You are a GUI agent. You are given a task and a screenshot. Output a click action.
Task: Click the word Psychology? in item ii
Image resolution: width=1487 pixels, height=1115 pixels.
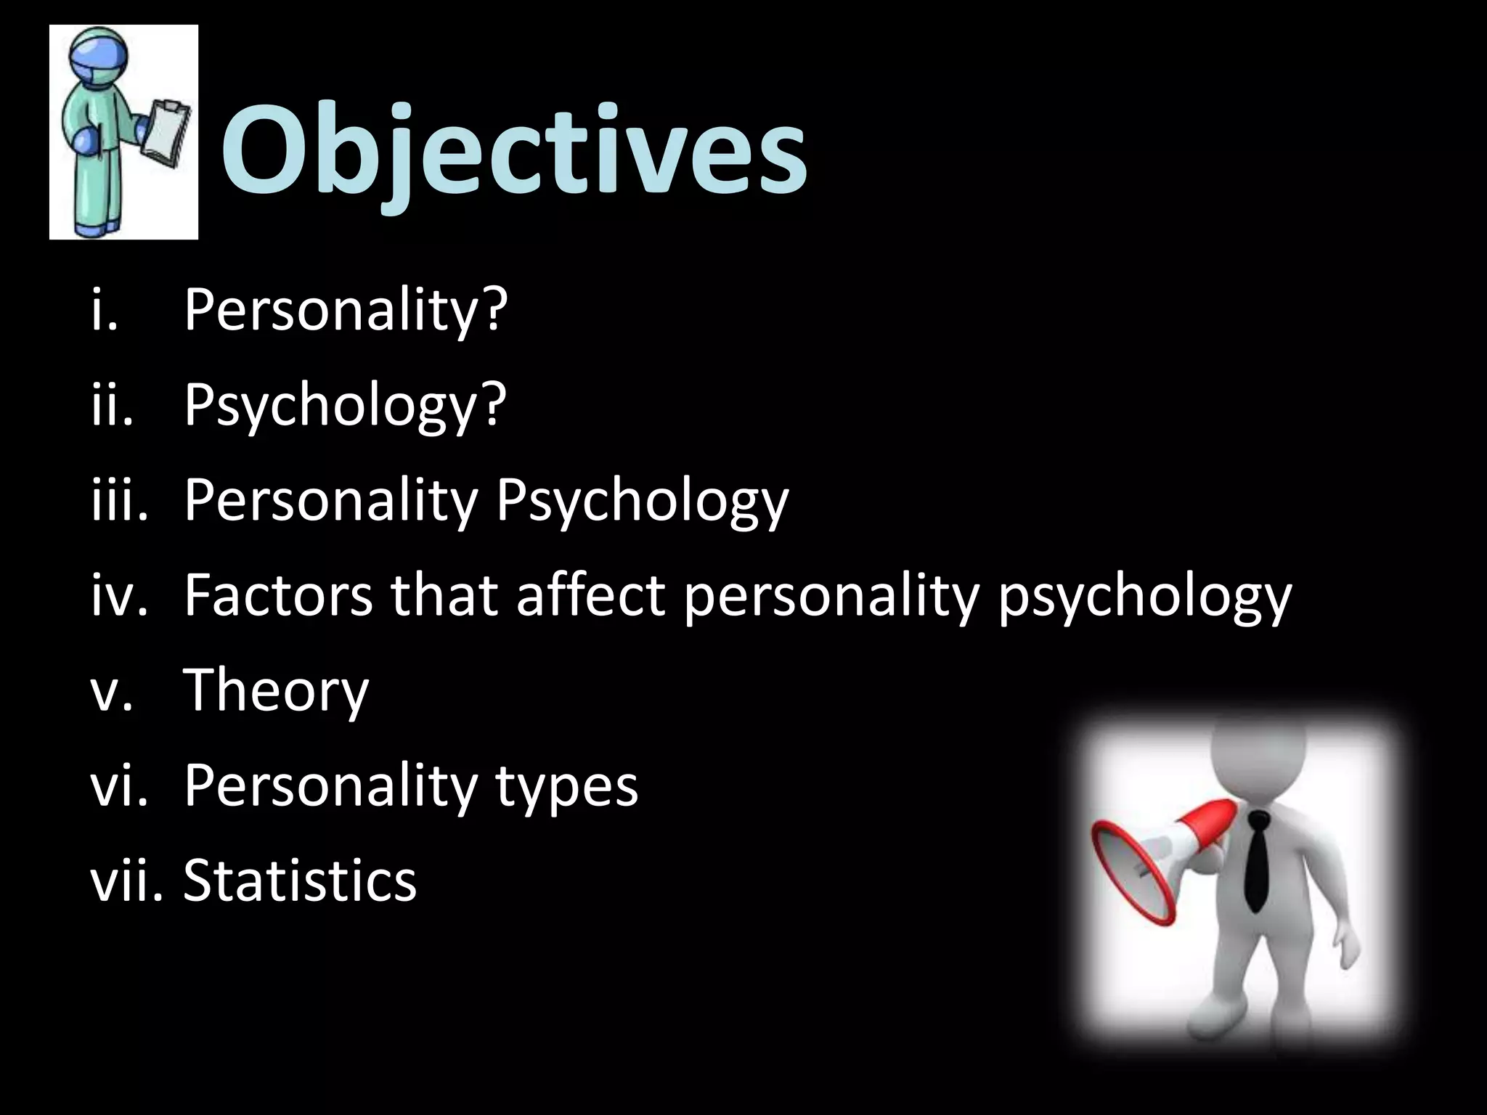tap(345, 407)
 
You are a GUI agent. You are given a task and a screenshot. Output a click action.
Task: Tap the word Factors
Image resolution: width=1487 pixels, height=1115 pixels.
tap(278, 595)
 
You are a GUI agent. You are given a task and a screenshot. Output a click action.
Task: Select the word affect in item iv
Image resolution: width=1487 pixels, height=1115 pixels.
tap(590, 595)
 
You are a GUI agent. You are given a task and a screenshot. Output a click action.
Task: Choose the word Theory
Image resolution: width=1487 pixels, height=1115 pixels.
tap(276, 692)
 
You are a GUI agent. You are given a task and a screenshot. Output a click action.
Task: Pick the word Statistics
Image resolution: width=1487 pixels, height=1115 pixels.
tap(300, 881)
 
